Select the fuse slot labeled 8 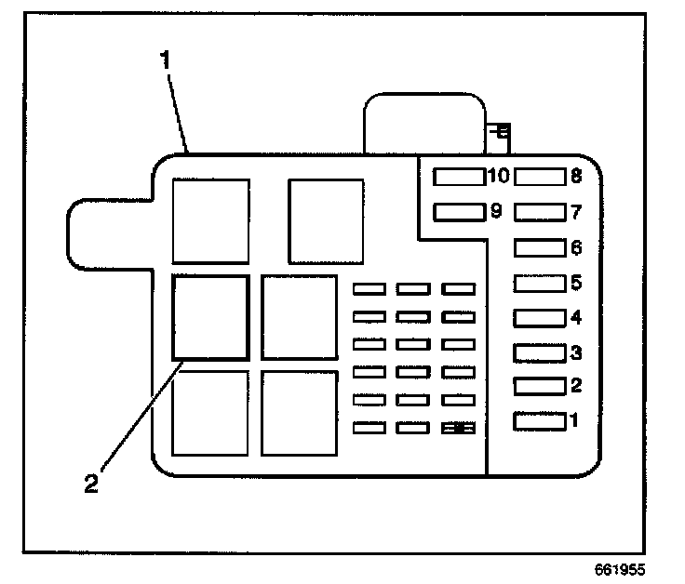[x=540, y=175]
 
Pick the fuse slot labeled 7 [x=540, y=212]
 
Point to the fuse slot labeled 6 [x=540, y=247]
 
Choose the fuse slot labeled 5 [x=540, y=282]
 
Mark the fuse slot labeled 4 [x=540, y=317]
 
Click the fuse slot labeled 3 [x=540, y=352]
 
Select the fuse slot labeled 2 [x=540, y=386]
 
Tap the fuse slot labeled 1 [x=540, y=421]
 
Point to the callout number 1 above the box [x=166, y=62]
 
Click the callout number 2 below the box [x=91, y=484]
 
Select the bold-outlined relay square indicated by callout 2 [x=210, y=317]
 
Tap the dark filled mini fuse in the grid [x=459, y=429]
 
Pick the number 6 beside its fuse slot [x=576, y=247]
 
